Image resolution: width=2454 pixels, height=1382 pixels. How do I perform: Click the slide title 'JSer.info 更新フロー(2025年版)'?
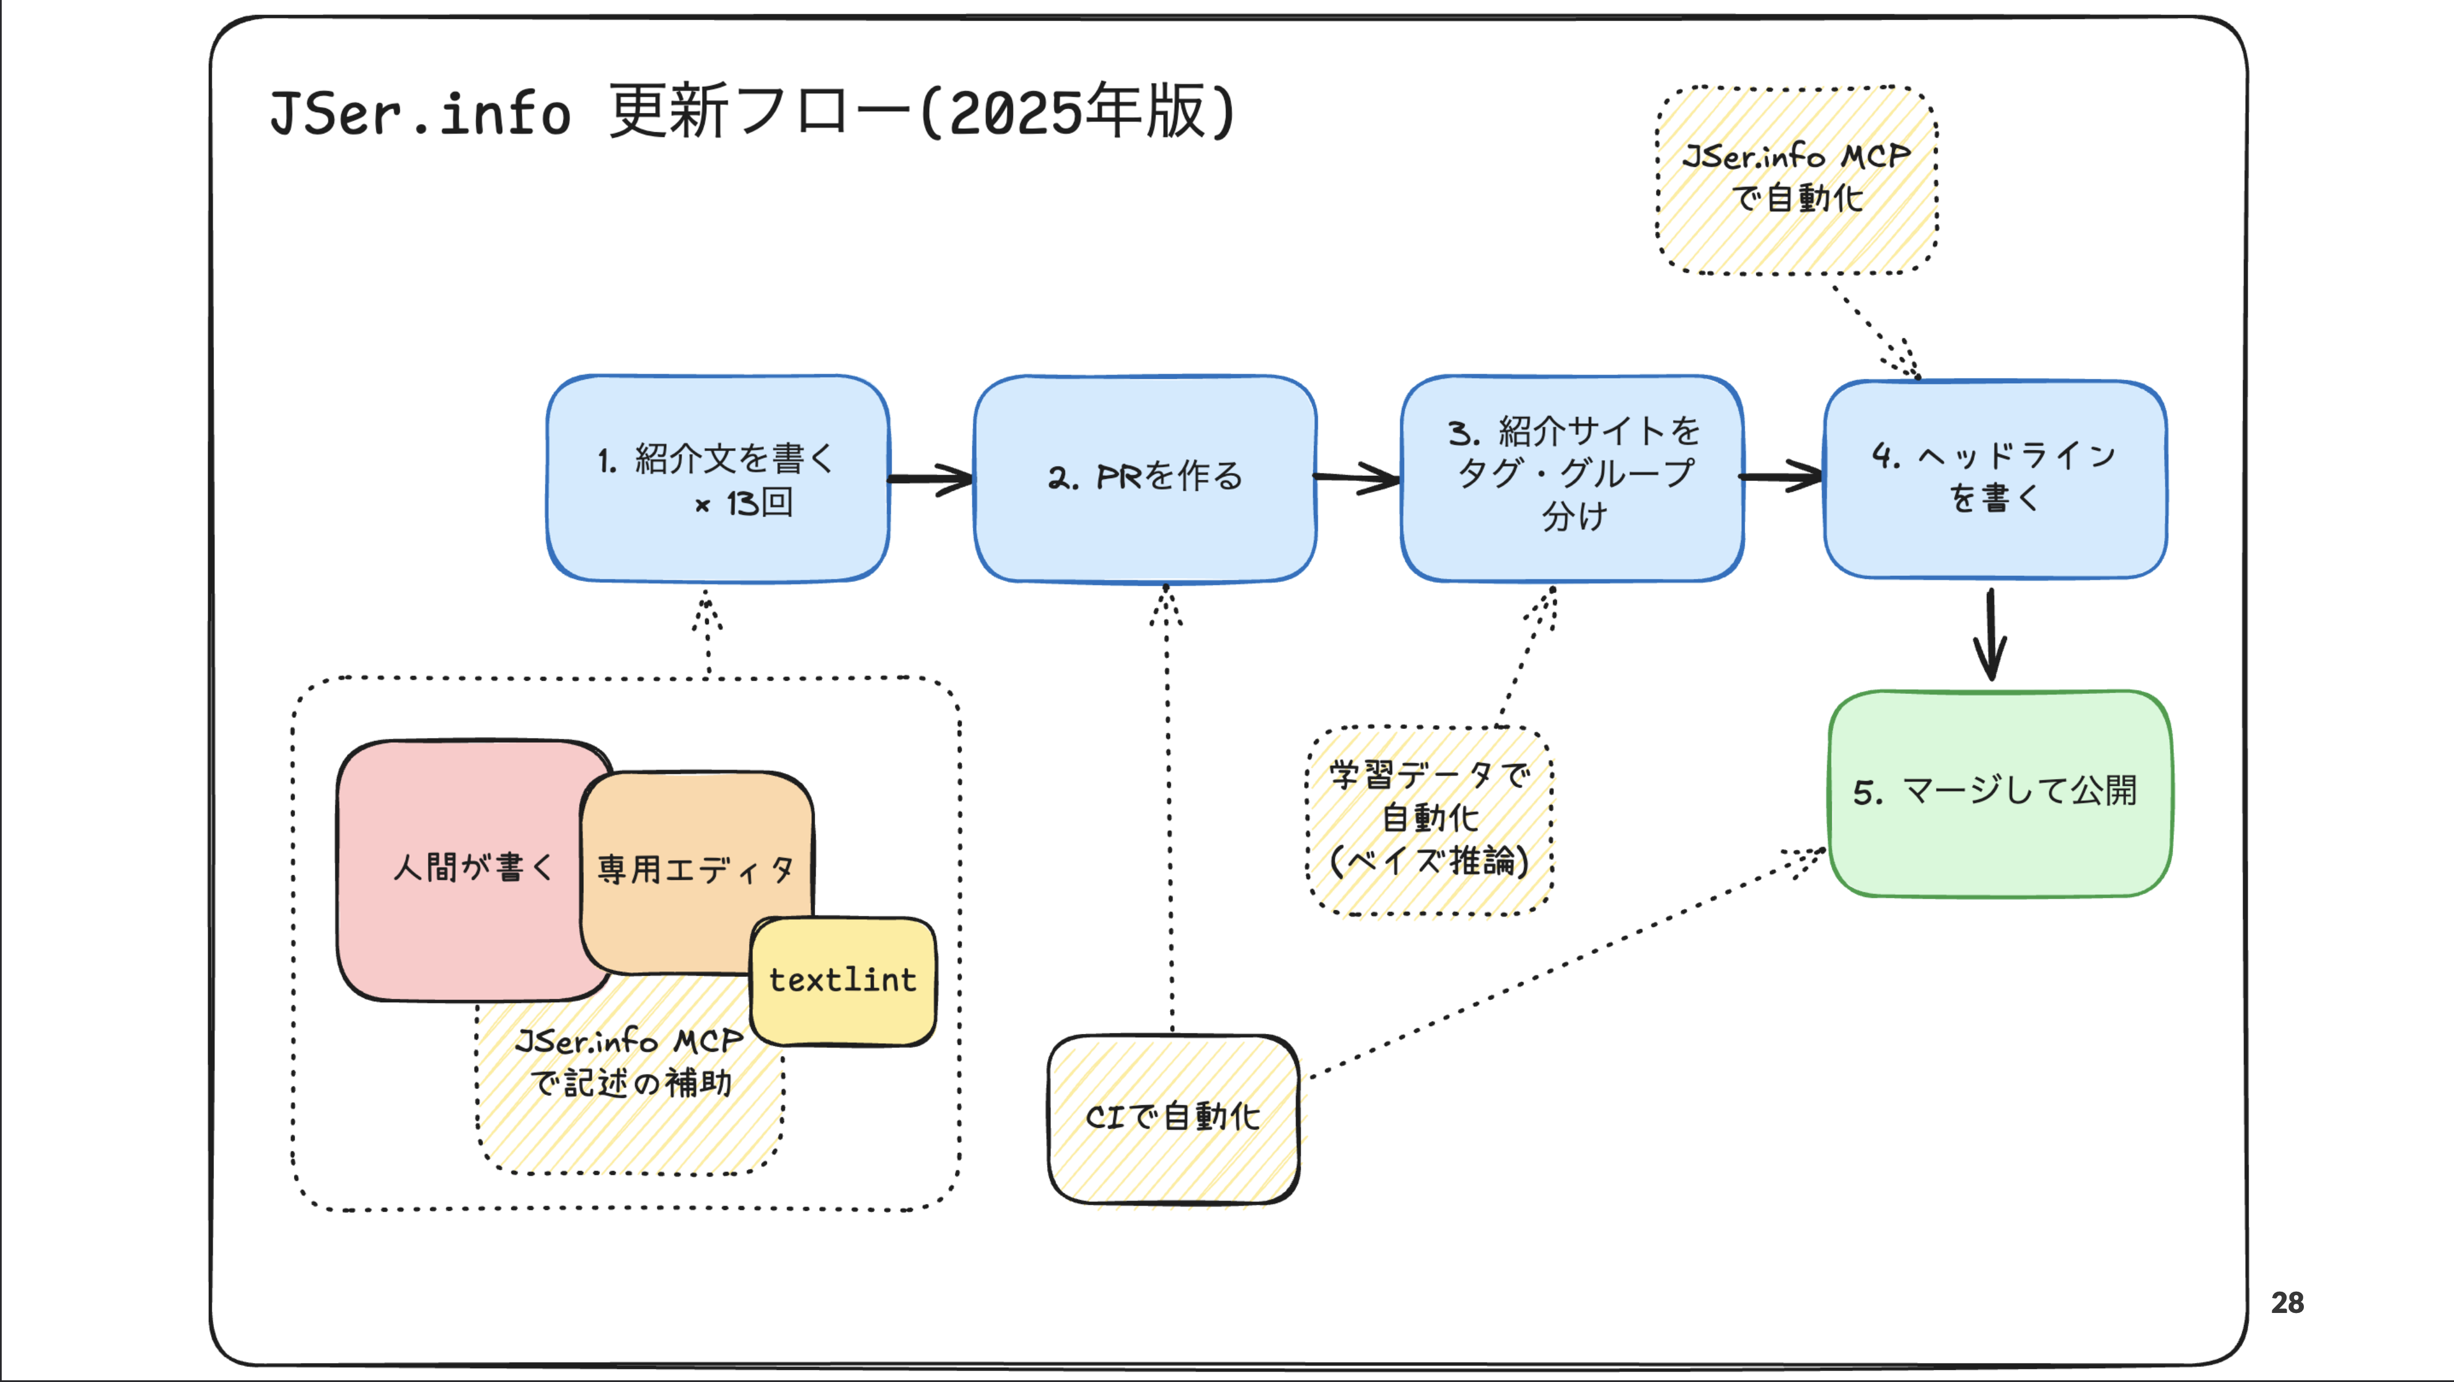coord(752,112)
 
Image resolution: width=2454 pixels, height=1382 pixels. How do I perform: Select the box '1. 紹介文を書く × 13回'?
coord(717,479)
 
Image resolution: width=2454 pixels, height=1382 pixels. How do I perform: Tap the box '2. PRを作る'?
coord(1145,479)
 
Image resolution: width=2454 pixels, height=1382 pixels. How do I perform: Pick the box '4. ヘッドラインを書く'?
coord(1995,479)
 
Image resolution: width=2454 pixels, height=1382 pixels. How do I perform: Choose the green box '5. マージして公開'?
coord(1998,793)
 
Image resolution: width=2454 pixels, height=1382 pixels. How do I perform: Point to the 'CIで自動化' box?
coord(1173,1117)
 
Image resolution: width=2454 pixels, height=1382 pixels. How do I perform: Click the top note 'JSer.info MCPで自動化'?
coord(1796,179)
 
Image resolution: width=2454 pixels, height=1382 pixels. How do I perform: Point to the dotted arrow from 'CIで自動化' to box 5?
coord(1562,963)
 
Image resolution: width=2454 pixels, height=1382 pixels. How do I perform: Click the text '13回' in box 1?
coord(759,502)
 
